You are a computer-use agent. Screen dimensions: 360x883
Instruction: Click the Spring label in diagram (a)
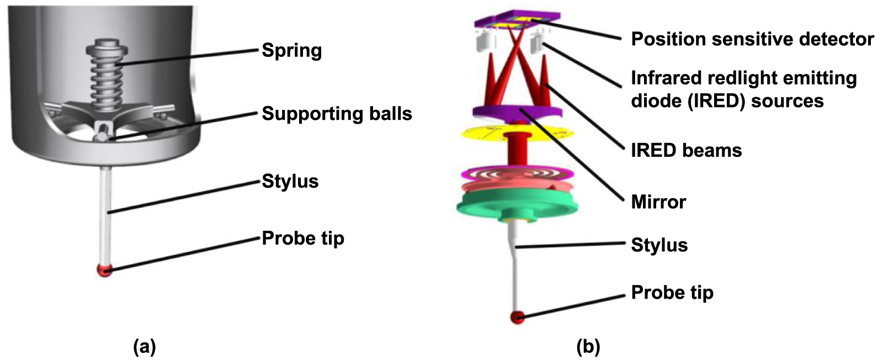291,50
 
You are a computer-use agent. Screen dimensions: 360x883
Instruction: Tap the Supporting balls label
337,114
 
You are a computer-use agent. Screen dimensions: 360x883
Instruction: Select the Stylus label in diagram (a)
290,181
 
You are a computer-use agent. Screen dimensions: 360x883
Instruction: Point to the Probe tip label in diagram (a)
302,238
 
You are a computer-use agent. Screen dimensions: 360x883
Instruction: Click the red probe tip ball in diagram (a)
104,270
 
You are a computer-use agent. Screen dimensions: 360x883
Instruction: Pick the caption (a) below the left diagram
145,347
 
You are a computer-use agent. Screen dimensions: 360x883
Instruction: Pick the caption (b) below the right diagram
588,347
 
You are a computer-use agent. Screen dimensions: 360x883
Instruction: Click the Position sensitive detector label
752,39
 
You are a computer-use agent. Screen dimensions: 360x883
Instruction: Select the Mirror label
658,202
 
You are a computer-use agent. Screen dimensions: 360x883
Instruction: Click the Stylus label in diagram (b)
659,245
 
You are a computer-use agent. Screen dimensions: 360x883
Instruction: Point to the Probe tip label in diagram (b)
672,292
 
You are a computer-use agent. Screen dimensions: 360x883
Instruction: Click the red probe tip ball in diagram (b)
517,317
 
